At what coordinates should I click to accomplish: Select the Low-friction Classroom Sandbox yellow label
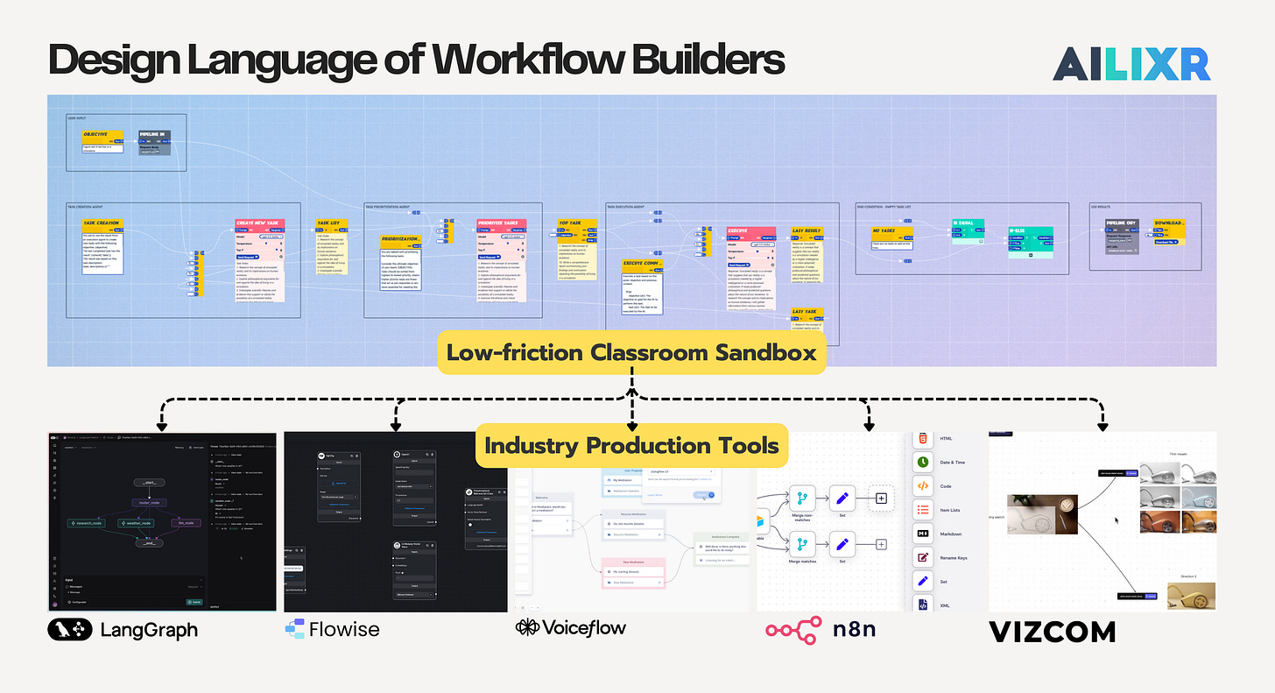coord(631,353)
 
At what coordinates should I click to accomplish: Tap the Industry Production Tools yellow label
coord(631,445)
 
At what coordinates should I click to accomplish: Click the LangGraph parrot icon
coord(70,629)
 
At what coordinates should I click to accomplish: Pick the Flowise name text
coord(346,629)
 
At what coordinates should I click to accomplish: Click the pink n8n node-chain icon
coord(794,630)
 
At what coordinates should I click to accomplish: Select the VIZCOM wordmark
coord(1052,632)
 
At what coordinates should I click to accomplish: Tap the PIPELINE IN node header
coord(154,136)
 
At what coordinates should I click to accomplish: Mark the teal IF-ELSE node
coord(1029,231)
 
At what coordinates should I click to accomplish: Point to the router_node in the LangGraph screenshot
coord(149,503)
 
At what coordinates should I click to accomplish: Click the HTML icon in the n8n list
coord(922,438)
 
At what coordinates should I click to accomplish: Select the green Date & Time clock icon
coord(922,462)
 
